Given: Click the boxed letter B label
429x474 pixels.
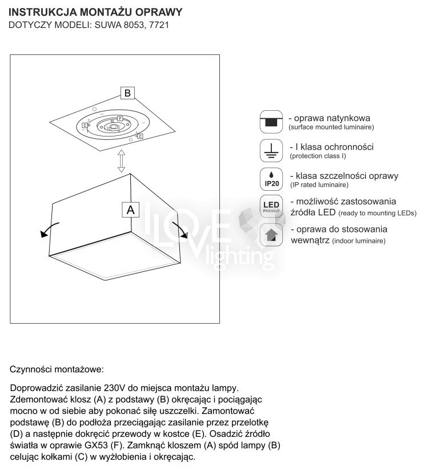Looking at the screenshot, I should (x=127, y=93).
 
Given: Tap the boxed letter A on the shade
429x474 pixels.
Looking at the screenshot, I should (x=130, y=210).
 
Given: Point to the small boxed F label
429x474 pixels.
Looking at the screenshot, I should (x=120, y=118).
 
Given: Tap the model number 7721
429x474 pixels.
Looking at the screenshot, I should (x=159, y=25).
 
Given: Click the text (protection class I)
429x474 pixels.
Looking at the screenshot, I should (x=318, y=156).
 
